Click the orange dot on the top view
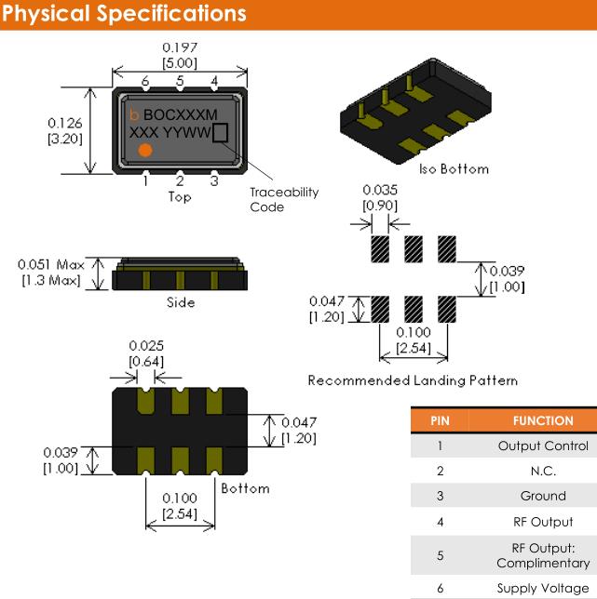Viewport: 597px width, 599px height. (145, 150)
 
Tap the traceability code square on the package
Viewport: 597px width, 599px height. (221, 133)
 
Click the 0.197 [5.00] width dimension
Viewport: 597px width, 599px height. (180, 54)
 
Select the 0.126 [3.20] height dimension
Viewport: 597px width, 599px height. (63, 131)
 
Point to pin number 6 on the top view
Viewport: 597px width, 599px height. (146, 82)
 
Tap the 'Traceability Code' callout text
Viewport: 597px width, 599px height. (284, 199)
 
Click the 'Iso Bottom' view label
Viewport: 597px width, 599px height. (454, 168)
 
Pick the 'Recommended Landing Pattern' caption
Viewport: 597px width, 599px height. (413, 380)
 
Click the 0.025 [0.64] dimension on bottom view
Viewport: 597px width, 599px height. (142, 353)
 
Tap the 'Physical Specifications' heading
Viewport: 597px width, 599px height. (125, 14)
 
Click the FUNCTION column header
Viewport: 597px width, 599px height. (543, 420)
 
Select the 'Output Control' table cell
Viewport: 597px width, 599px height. (543, 446)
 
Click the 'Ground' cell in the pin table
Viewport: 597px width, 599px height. (543, 496)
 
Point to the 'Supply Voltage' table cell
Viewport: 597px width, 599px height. (543, 588)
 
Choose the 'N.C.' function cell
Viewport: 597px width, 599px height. (543, 471)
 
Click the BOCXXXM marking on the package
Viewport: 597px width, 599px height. (181, 114)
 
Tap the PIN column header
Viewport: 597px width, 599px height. (440, 420)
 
